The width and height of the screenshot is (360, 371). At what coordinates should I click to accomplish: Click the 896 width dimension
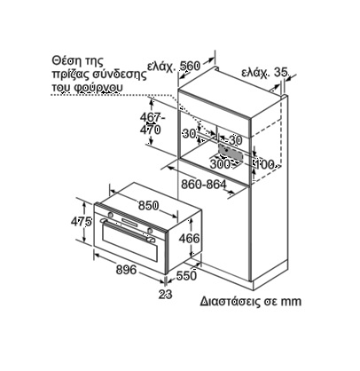(x=126, y=270)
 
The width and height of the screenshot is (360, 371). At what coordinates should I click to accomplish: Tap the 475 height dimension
(x=82, y=221)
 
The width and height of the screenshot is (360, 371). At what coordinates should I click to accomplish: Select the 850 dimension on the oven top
(x=149, y=205)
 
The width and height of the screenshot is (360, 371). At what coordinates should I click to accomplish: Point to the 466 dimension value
(x=190, y=238)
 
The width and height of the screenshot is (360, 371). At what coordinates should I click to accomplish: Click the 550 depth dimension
(x=186, y=276)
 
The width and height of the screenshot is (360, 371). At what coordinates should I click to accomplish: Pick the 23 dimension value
(x=165, y=294)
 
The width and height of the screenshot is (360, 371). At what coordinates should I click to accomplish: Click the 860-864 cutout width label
(x=204, y=185)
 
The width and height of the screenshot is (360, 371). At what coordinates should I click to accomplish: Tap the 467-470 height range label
(x=152, y=123)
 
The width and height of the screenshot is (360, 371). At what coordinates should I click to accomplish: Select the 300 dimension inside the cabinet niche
(x=220, y=163)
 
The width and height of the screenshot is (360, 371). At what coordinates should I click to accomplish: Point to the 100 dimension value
(x=264, y=164)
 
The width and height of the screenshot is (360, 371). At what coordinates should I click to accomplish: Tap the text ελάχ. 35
(x=264, y=73)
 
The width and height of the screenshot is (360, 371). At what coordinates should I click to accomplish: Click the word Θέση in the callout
(x=65, y=61)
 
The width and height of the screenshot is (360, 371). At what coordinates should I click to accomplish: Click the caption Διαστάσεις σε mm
(x=251, y=301)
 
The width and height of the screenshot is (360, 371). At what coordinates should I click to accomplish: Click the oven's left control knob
(x=110, y=214)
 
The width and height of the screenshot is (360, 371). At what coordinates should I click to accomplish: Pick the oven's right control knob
(x=150, y=231)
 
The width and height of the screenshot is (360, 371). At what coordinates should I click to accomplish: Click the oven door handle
(x=127, y=230)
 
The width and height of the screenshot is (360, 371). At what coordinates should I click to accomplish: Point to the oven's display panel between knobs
(x=130, y=222)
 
